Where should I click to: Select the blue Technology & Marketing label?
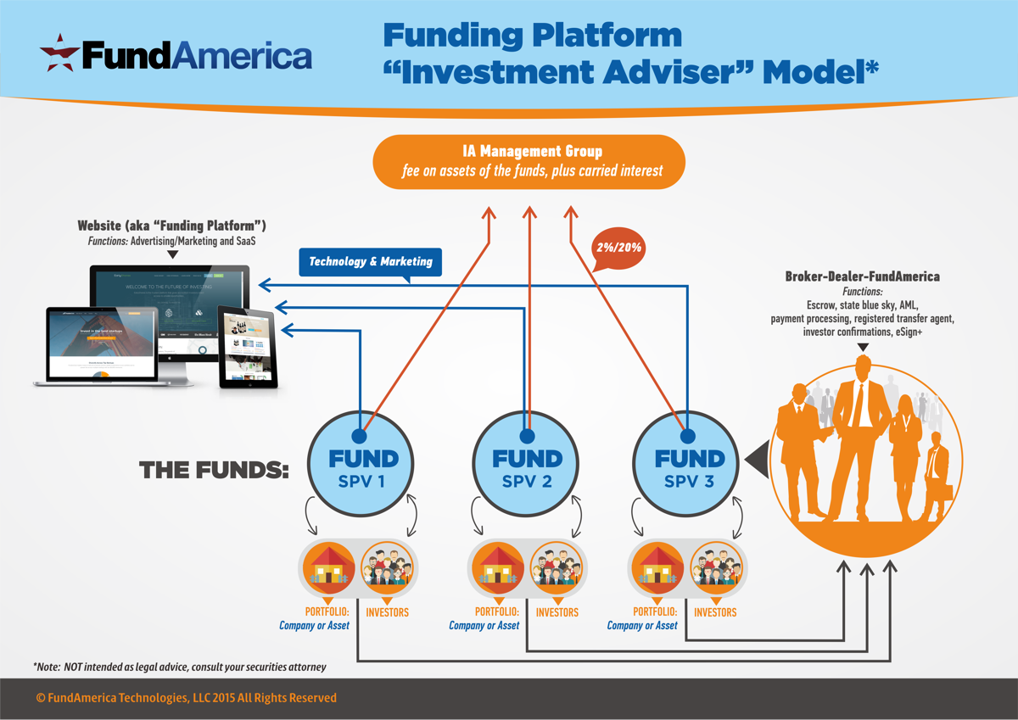pos(370,261)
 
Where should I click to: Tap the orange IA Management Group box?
pos(528,162)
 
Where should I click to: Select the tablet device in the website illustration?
pos(248,347)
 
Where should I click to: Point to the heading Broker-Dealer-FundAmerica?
pos(862,276)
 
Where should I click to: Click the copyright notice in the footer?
pos(187,698)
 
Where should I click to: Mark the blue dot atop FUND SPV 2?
pos(527,436)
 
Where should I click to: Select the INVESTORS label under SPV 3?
pos(715,611)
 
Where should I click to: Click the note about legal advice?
pos(179,667)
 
